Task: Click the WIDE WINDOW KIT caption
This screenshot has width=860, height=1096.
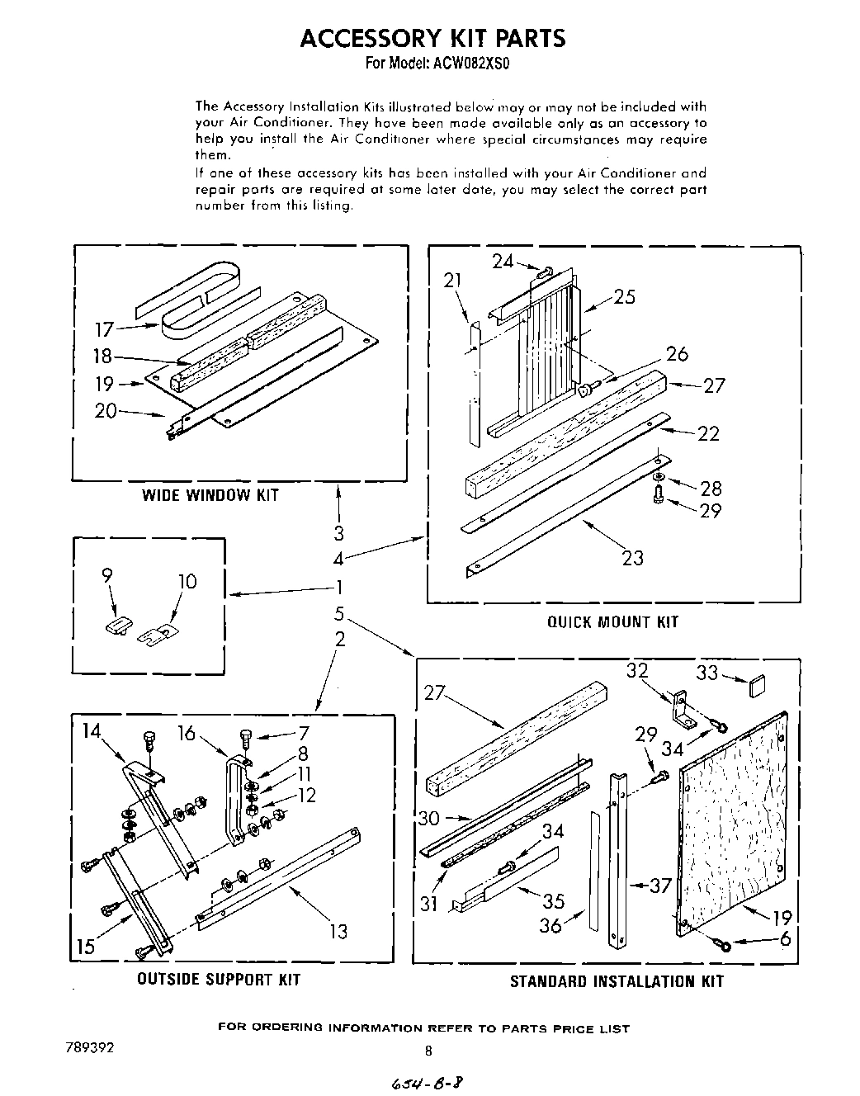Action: [x=210, y=495]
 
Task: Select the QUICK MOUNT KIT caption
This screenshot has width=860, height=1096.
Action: [x=612, y=621]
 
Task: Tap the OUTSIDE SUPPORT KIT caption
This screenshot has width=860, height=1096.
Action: [x=218, y=980]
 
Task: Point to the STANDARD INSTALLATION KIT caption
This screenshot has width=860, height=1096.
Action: [x=616, y=981]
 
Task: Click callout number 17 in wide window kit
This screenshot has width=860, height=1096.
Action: [x=104, y=330]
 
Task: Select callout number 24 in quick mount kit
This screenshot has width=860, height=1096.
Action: [x=503, y=262]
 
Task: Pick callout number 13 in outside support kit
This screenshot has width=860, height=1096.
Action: [x=338, y=931]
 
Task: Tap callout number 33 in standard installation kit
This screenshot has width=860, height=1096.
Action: [x=707, y=673]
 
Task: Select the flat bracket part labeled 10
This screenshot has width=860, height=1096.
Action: [x=158, y=635]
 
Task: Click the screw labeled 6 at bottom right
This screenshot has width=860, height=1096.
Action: [x=724, y=943]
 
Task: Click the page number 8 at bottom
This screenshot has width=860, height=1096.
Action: [x=428, y=1051]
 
